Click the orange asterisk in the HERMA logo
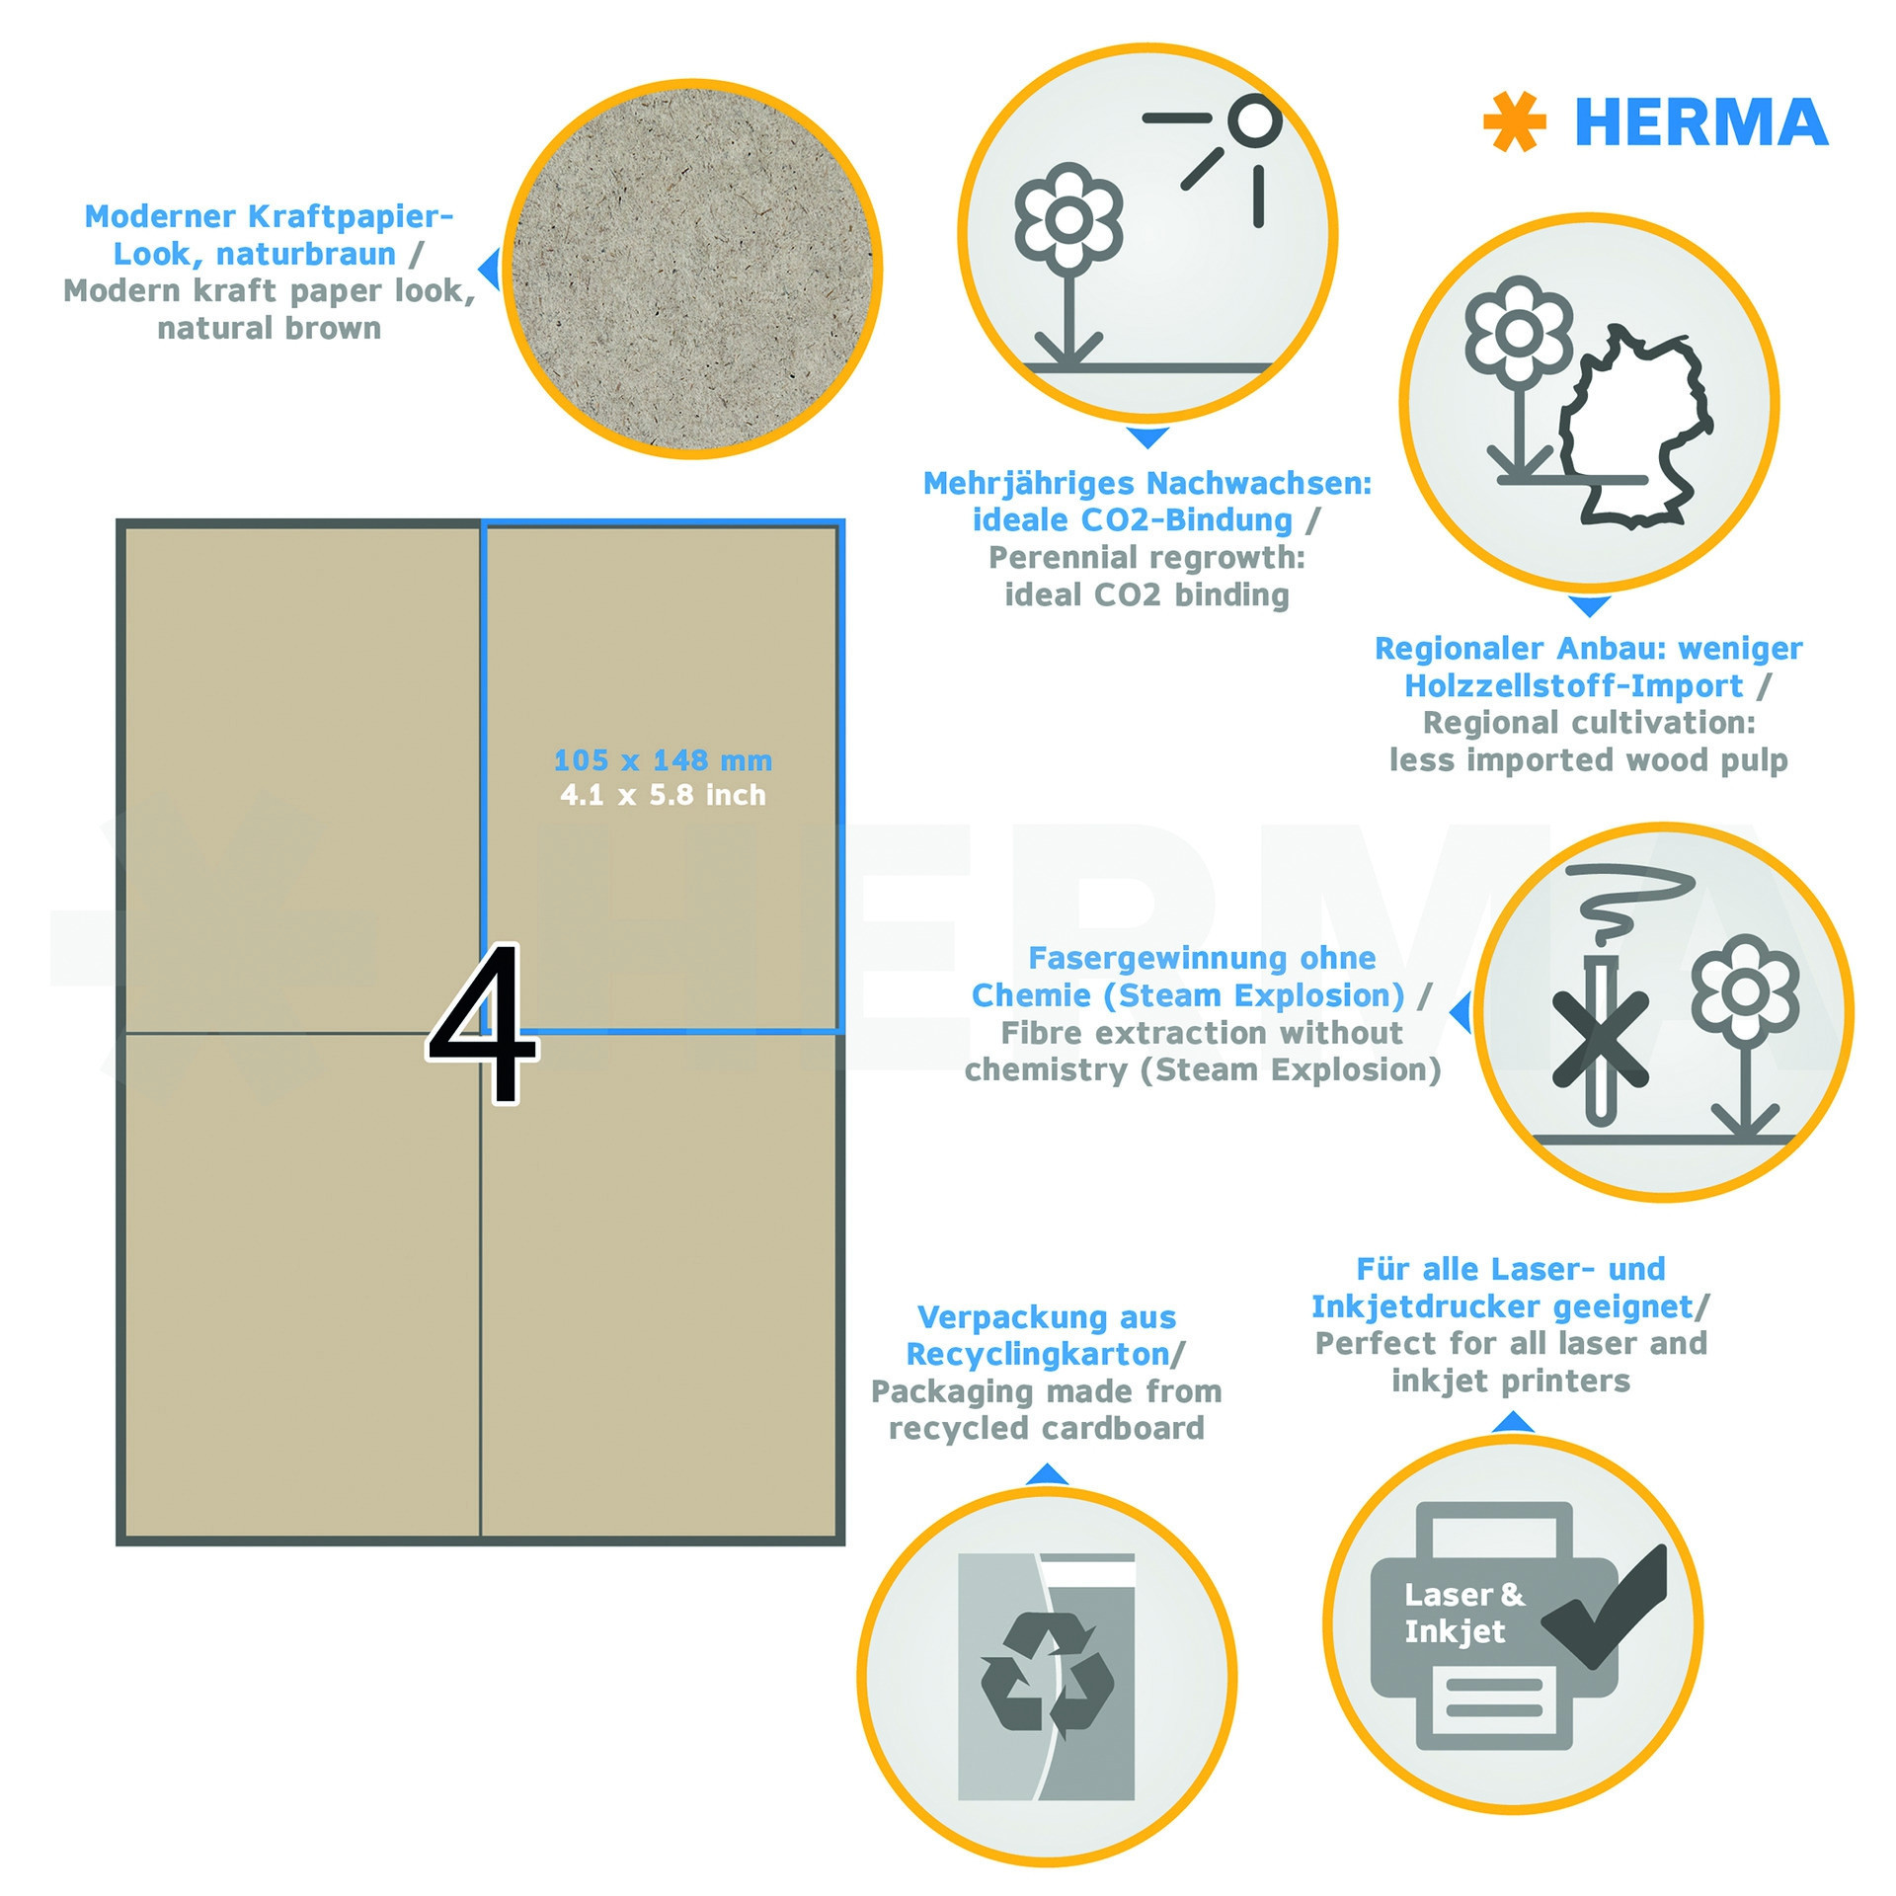[x=1514, y=121]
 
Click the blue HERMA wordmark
[x=1700, y=122]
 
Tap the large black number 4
[x=483, y=1022]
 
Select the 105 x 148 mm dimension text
[x=663, y=760]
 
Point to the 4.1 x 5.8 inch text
[x=663, y=795]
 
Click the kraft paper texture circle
[x=692, y=269]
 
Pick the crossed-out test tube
[x=1600, y=1040]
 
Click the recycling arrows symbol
[x=1047, y=1676]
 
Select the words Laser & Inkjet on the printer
[x=1464, y=1613]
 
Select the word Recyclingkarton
[x=1038, y=1354]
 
